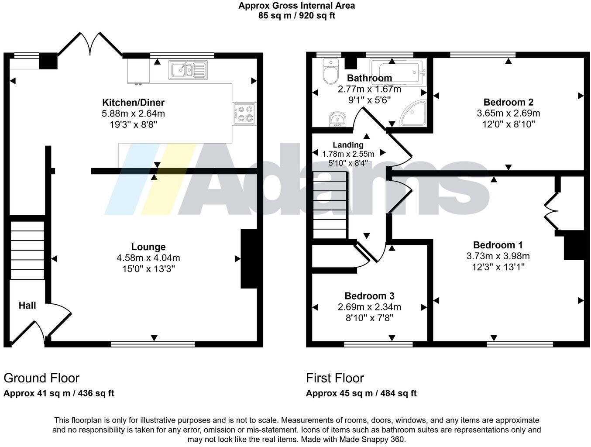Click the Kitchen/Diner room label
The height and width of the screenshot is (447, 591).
point(133,103)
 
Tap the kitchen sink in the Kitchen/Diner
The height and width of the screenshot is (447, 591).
point(188,70)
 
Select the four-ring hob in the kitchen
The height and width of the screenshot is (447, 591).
point(244,113)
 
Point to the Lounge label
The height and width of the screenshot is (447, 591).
point(148,247)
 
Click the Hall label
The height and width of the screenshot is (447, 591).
point(27,306)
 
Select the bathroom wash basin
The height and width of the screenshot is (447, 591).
point(337,118)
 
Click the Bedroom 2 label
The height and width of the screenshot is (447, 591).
point(508,102)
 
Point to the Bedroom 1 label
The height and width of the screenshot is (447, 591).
point(498,245)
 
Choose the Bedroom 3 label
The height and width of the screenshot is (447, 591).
point(369,296)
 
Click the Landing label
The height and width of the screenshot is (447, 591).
point(348,145)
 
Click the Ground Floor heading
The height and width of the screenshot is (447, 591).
point(41,378)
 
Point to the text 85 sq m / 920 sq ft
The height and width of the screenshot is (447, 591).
point(296,16)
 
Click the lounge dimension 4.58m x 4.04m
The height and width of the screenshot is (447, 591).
point(148,258)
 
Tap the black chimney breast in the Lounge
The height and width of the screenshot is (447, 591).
point(249,259)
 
